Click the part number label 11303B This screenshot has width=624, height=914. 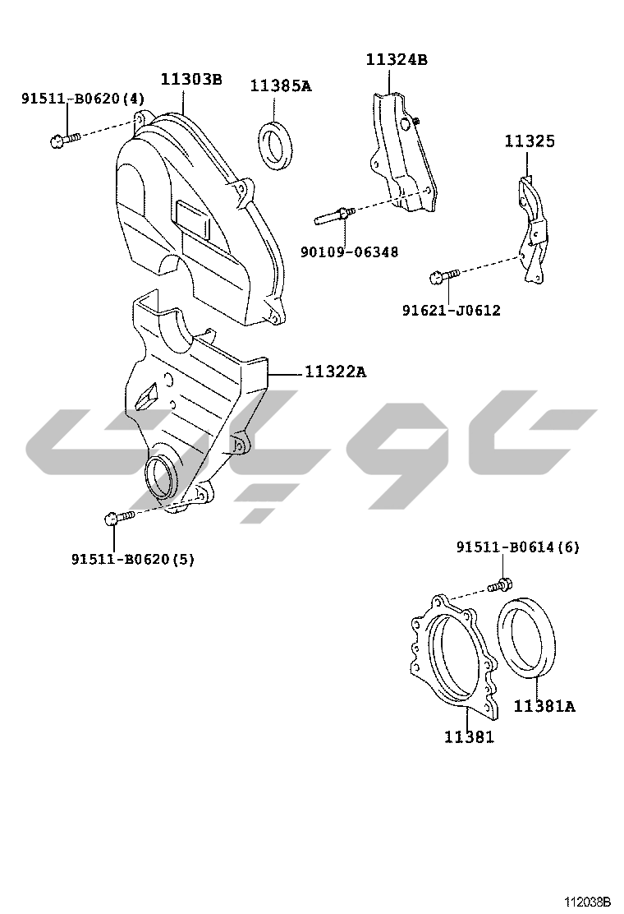coord(191,79)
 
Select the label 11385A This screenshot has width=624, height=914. coord(281,86)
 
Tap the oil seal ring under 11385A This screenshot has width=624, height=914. coord(277,145)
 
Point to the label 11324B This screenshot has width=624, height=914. coord(397,59)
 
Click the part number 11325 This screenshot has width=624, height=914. coord(529,141)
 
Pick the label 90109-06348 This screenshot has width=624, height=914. coord(349,252)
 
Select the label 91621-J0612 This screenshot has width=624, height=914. coord(451,310)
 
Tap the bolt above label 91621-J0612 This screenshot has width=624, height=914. coord(444,275)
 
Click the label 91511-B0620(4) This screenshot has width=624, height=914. coord(83,99)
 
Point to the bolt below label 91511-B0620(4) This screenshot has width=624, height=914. coord(65,141)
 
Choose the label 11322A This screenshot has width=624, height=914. coord(336,372)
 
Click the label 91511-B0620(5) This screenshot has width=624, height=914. coord(133,559)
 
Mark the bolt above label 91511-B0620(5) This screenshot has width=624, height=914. coord(119,517)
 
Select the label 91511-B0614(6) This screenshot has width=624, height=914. coord(518,547)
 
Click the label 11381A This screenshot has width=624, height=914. coord(544,706)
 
